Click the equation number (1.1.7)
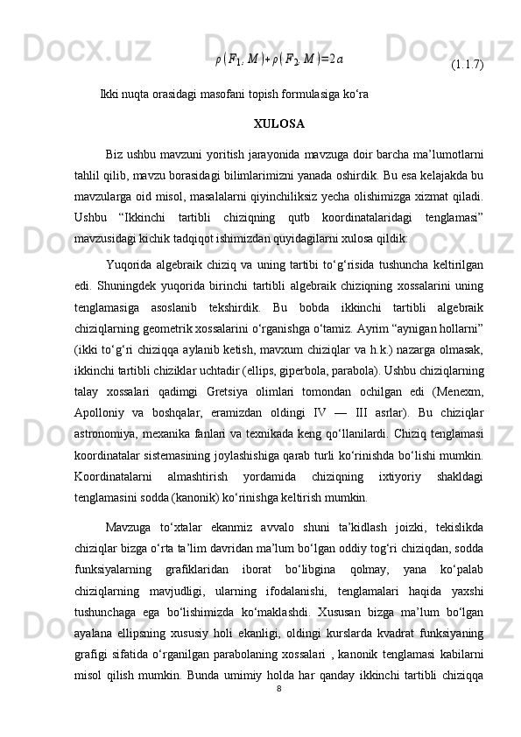click(x=468, y=64)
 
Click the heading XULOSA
click(x=278, y=123)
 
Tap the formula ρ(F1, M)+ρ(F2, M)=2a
click(x=279, y=60)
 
